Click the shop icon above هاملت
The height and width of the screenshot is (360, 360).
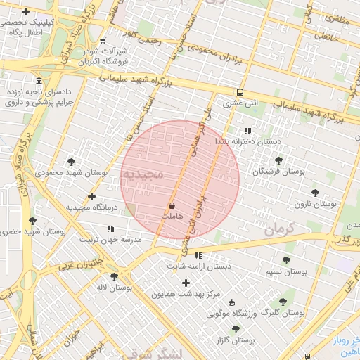click(172, 205)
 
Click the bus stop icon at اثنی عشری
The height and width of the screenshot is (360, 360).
click(240, 92)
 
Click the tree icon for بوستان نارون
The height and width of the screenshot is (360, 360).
click(314, 192)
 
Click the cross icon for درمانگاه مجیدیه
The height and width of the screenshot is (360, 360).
click(91, 197)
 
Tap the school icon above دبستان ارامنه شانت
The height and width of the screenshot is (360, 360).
click(198, 255)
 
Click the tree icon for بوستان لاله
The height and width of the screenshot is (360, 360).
click(113, 276)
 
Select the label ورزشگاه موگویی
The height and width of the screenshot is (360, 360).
click(233, 314)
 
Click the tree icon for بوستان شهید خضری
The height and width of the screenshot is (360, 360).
click(32, 220)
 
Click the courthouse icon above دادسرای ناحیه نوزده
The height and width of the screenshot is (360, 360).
click(37, 81)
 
